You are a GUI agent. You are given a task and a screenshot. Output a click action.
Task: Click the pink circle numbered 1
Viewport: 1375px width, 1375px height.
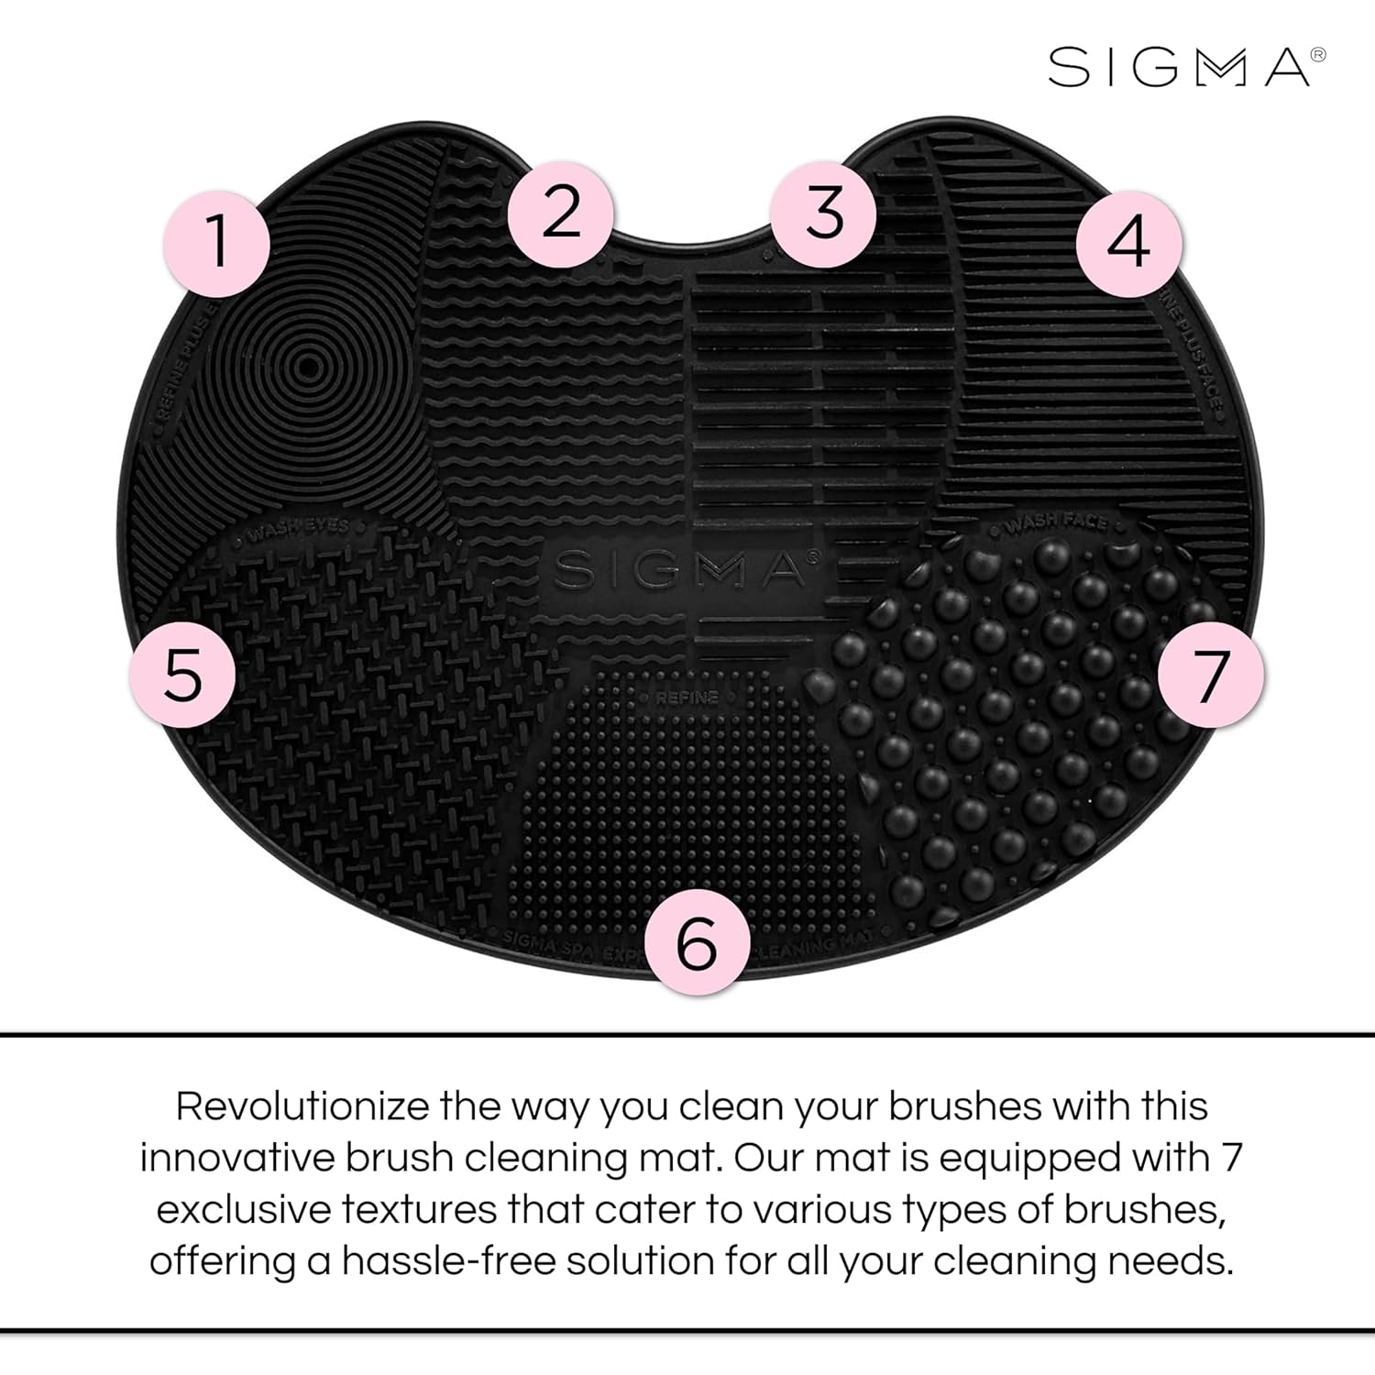(217, 243)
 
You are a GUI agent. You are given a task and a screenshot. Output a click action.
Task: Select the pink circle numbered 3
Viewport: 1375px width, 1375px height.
(823, 213)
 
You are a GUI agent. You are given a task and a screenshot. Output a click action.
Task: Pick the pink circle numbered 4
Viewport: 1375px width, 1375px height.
(1128, 243)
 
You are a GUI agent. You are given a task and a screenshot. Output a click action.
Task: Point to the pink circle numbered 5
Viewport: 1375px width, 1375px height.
(183, 676)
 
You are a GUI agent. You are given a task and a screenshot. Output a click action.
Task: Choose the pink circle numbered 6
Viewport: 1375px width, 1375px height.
(697, 941)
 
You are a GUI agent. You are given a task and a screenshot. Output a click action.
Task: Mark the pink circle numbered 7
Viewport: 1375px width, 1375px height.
(1211, 676)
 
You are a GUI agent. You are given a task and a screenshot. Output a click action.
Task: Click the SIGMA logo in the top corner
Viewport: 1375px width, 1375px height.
(1179, 68)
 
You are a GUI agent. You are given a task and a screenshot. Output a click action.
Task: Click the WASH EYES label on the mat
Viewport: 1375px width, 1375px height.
(299, 529)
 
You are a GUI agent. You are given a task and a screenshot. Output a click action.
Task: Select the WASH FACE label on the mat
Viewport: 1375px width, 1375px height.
(1056, 525)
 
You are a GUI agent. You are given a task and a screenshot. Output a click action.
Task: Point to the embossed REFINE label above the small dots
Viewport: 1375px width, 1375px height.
(687, 698)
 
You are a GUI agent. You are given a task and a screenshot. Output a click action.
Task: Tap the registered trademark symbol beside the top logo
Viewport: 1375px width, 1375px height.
(1319, 55)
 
